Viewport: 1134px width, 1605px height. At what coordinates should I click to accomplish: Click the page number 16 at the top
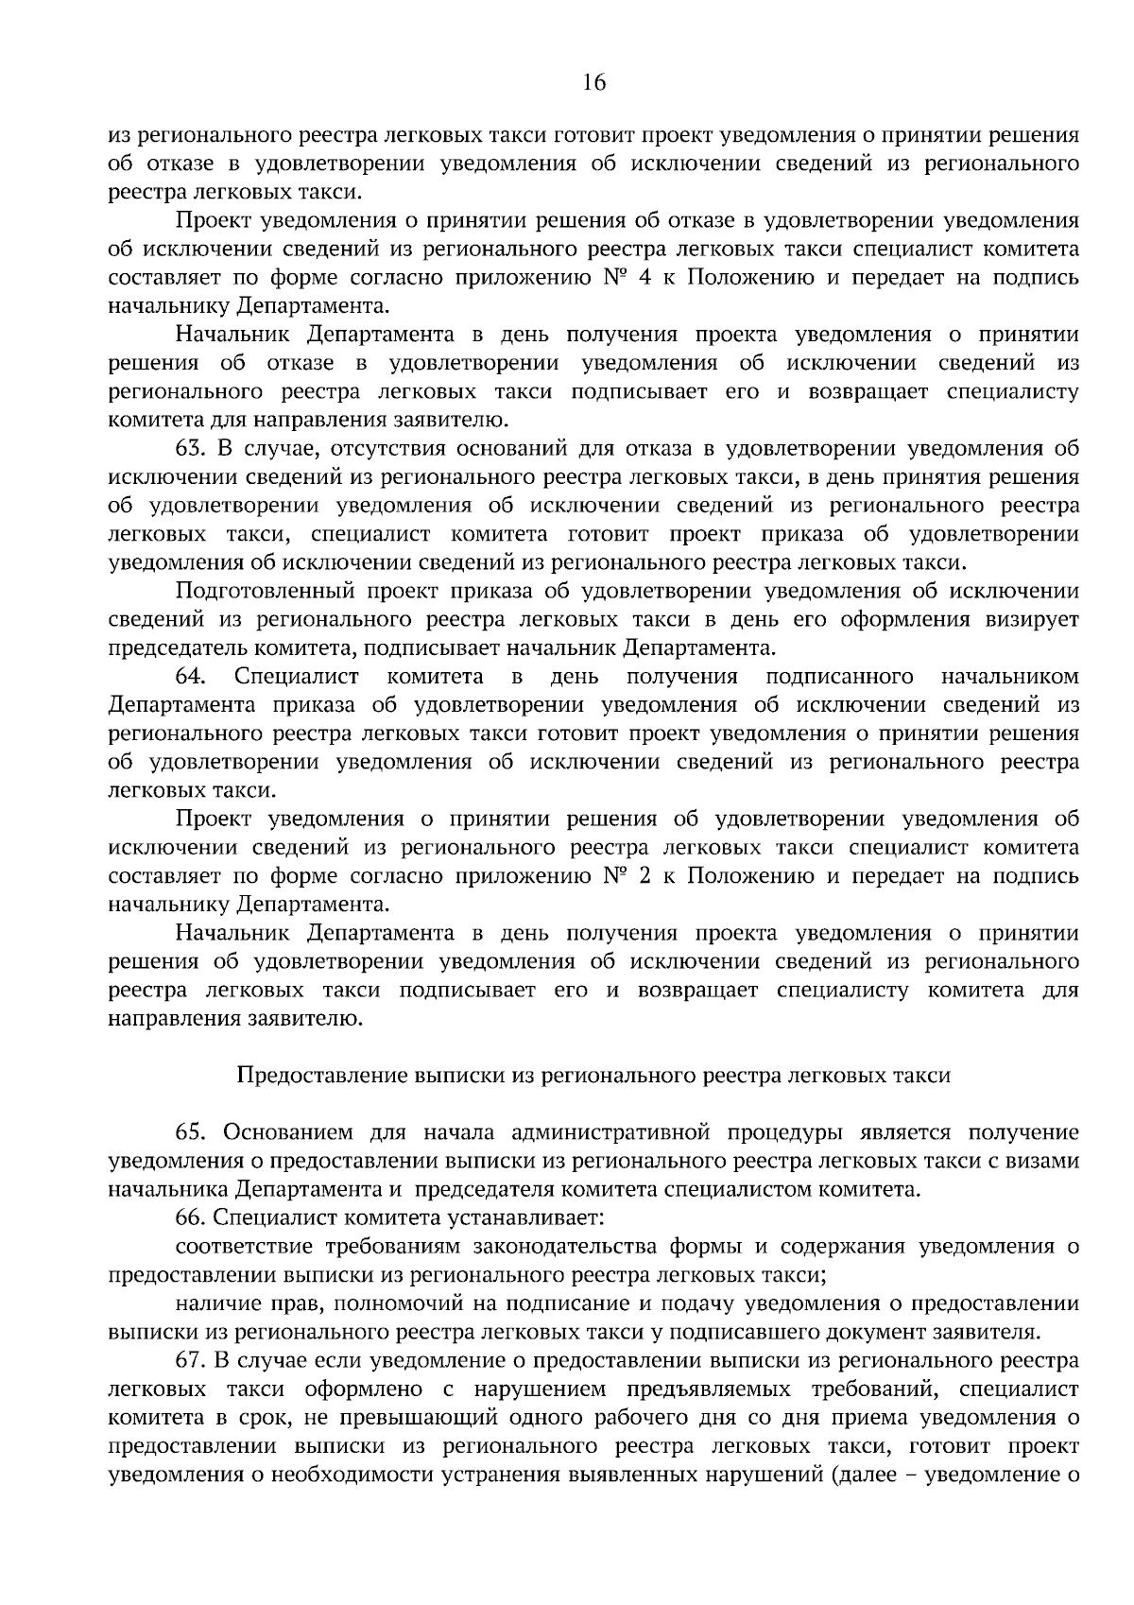(593, 82)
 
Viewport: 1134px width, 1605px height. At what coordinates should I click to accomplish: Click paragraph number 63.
(192, 449)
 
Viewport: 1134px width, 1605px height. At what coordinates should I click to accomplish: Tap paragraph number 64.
(192, 677)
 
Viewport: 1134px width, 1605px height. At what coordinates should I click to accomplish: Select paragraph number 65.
(192, 1132)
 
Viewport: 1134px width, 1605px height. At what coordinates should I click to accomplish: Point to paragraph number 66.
(192, 1218)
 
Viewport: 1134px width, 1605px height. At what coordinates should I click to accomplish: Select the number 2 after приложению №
(644, 876)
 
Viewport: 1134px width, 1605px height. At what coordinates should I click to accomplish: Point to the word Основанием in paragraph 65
(287, 1132)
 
